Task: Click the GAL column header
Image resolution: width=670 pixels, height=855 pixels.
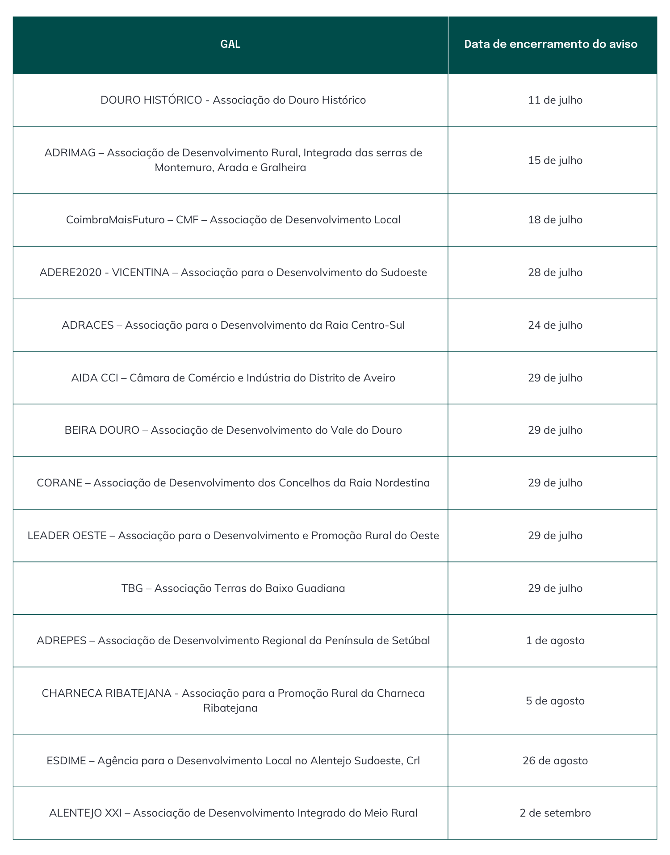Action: pyautogui.click(x=230, y=44)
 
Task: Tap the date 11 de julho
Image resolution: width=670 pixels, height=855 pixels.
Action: pyautogui.click(x=555, y=100)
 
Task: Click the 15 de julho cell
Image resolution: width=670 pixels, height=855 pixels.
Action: pyautogui.click(x=555, y=160)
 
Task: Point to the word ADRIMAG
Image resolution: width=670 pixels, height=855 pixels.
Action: pyautogui.click(x=70, y=153)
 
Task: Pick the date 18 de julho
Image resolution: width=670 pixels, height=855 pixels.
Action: pyautogui.click(x=555, y=220)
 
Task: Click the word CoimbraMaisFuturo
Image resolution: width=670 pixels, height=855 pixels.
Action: pyautogui.click(x=115, y=220)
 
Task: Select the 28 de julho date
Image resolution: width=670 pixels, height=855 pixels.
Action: pyautogui.click(x=555, y=272)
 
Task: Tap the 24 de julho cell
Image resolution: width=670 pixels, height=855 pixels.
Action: pyautogui.click(x=555, y=325)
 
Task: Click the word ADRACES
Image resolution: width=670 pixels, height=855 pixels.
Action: pyautogui.click(x=88, y=325)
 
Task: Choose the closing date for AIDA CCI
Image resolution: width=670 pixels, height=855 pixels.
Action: pyautogui.click(x=555, y=378)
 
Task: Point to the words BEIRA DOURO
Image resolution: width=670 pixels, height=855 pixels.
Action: pyautogui.click(x=102, y=430)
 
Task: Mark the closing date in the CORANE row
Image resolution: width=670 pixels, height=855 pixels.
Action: pyautogui.click(x=555, y=483)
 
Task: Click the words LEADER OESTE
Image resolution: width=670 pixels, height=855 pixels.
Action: pyautogui.click(x=67, y=536)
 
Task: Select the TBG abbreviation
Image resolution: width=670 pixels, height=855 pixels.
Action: pyautogui.click(x=132, y=588)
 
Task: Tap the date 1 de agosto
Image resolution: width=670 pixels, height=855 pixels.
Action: pyautogui.click(x=555, y=641)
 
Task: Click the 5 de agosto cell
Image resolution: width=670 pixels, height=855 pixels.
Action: pyautogui.click(x=555, y=701)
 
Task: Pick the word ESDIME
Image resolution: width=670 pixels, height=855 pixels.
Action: pyautogui.click(x=66, y=761)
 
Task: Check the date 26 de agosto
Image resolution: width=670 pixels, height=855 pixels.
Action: pyautogui.click(x=555, y=761)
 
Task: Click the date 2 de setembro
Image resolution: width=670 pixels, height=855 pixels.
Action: pyautogui.click(x=555, y=813)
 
